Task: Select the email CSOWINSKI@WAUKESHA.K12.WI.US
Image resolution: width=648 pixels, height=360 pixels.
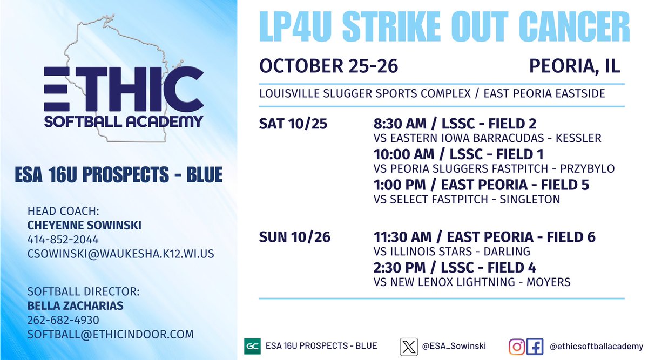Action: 120,253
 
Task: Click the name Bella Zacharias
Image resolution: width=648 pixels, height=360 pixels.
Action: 75,306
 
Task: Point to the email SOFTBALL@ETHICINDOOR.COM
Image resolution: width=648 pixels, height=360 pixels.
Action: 110,334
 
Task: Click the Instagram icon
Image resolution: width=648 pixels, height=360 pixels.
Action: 517,346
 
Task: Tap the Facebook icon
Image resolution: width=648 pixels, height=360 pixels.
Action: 535,346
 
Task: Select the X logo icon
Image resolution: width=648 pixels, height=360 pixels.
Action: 409,346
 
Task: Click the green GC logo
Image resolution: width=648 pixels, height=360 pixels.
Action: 252,346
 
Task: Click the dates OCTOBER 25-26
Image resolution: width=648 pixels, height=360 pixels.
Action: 328,66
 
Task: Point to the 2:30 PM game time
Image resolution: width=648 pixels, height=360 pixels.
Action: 396,267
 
